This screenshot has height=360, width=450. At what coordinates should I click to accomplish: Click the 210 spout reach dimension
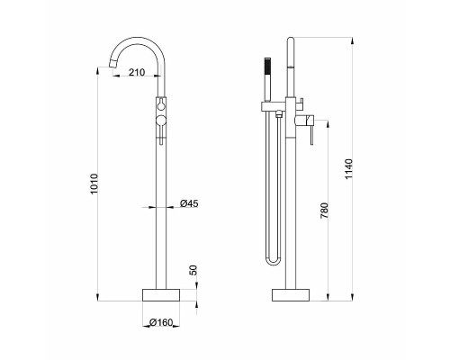click(137, 72)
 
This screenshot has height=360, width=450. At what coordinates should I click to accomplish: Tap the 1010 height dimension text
click(94, 184)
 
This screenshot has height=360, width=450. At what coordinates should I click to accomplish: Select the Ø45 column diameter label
click(189, 203)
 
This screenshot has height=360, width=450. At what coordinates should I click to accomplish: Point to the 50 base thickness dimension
click(193, 270)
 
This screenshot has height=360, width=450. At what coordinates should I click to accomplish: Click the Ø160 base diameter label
click(161, 322)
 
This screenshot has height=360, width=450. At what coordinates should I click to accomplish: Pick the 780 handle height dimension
click(324, 211)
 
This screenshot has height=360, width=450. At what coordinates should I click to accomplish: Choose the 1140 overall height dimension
click(348, 169)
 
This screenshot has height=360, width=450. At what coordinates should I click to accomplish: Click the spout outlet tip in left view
click(112, 64)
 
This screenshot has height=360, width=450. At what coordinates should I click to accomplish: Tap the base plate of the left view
click(161, 295)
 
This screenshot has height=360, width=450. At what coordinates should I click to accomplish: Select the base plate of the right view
click(291, 295)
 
